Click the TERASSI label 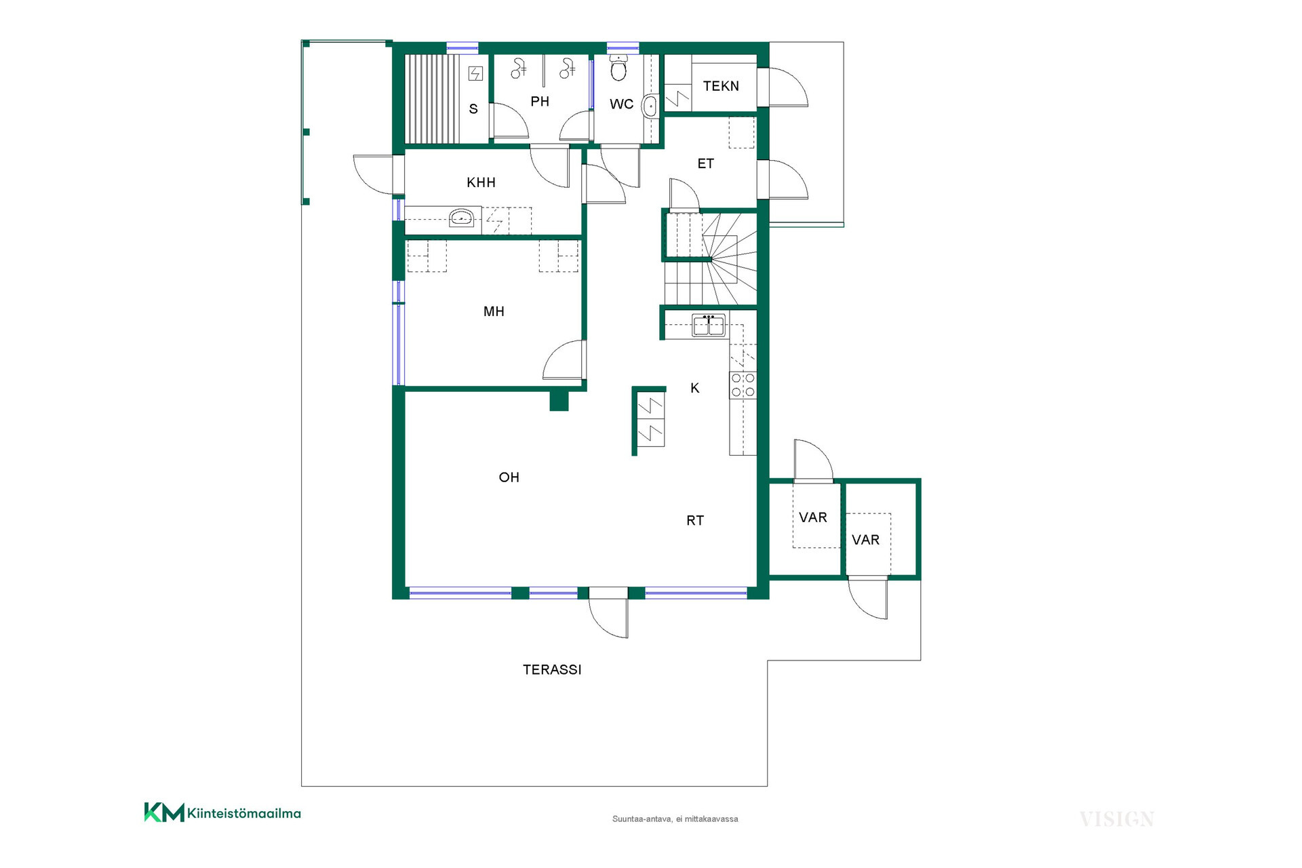pyautogui.click(x=552, y=670)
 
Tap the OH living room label pyautogui.click(x=509, y=477)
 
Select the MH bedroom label pyautogui.click(x=494, y=312)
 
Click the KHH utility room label pyautogui.click(x=481, y=182)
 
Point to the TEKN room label pyautogui.click(x=721, y=86)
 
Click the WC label pyautogui.click(x=621, y=104)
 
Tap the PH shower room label pyautogui.click(x=540, y=102)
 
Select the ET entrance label pyautogui.click(x=706, y=163)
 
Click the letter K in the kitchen pyautogui.click(x=695, y=388)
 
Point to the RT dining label pyautogui.click(x=695, y=521)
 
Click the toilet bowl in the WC pyautogui.click(x=618, y=68)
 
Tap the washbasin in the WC pyautogui.click(x=650, y=106)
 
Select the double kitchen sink pyautogui.click(x=709, y=325)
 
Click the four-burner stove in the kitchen pyautogui.click(x=743, y=385)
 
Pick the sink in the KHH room pyautogui.click(x=462, y=218)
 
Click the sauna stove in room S pyautogui.click(x=476, y=73)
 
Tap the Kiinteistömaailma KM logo pyautogui.click(x=222, y=812)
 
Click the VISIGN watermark pyautogui.click(x=1117, y=819)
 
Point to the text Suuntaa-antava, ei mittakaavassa pyautogui.click(x=675, y=819)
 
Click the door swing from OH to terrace pyautogui.click(x=608, y=618)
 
